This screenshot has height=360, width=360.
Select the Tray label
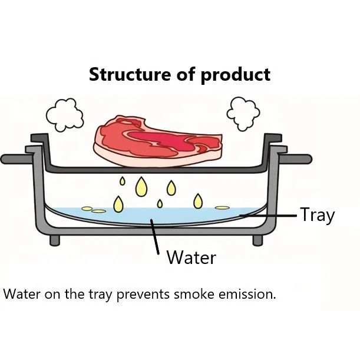point(317,215)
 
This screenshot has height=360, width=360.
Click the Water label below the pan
point(191,257)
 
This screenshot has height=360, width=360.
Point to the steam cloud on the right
point(243,112)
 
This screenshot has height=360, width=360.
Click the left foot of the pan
point(54,240)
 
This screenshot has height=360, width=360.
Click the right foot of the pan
point(258,240)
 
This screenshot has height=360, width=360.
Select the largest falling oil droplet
point(141,187)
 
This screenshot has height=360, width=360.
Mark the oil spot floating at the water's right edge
point(222,207)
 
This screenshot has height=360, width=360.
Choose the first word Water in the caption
point(19,294)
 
